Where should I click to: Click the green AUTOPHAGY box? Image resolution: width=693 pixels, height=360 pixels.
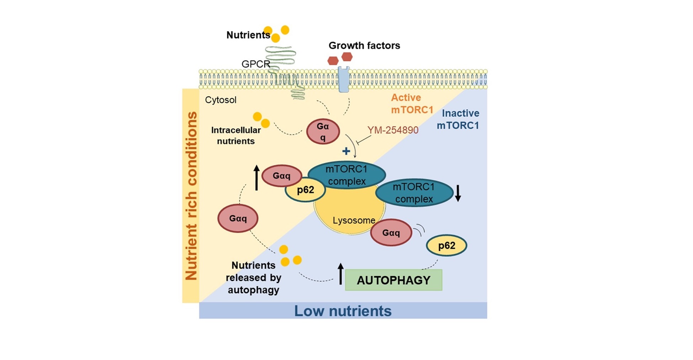(x=393, y=280)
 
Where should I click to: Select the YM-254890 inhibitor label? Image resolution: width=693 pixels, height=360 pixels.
(x=393, y=130)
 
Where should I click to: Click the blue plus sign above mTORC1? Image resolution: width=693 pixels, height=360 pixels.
(x=346, y=151)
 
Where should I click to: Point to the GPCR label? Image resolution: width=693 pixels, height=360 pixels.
(x=255, y=64)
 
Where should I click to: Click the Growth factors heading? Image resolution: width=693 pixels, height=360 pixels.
(x=364, y=46)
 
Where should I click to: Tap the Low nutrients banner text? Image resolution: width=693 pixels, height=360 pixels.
(x=343, y=311)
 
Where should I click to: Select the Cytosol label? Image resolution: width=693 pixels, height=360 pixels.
(x=221, y=100)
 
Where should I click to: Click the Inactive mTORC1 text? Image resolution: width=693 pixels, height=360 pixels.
(x=458, y=119)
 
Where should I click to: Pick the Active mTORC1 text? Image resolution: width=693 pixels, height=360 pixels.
(x=412, y=104)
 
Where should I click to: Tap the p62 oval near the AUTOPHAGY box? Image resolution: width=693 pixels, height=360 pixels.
(x=446, y=245)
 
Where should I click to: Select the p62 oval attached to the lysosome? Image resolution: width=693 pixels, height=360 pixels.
(x=305, y=190)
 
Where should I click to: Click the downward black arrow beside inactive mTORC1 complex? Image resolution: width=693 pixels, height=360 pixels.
(x=458, y=193)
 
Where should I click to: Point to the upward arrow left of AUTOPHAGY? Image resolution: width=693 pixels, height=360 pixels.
(x=340, y=274)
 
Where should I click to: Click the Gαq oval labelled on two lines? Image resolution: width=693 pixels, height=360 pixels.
(x=323, y=132)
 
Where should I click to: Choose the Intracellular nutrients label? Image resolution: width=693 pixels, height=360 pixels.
(x=236, y=136)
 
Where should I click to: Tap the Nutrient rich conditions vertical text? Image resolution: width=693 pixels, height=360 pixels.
(x=191, y=196)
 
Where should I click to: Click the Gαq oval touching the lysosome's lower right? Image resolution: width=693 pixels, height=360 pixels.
(x=391, y=233)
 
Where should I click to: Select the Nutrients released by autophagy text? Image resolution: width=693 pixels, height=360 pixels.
(x=253, y=277)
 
